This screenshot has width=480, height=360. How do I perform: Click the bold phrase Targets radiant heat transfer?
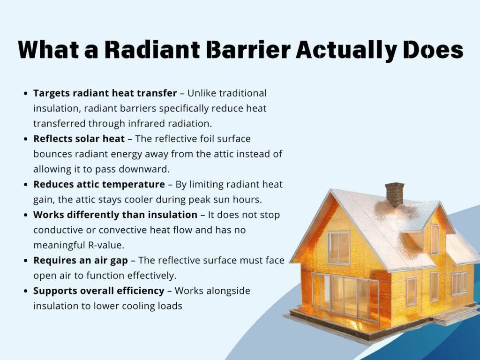click(x=105, y=93)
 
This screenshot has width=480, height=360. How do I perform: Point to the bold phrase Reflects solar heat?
click(x=79, y=139)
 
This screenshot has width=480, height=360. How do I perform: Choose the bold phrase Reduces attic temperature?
click(x=99, y=184)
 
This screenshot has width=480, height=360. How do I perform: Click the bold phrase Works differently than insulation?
click(x=115, y=215)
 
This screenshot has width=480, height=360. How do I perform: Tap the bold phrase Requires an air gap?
click(x=81, y=261)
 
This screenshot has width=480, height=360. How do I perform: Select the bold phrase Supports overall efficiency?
click(x=99, y=291)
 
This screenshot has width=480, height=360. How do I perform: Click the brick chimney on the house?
click(x=394, y=194)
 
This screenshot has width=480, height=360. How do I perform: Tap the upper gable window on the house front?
click(x=338, y=247)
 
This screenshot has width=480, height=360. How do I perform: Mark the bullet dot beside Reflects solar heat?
click(x=26, y=139)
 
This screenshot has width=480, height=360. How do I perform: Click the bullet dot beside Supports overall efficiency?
click(x=26, y=291)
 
